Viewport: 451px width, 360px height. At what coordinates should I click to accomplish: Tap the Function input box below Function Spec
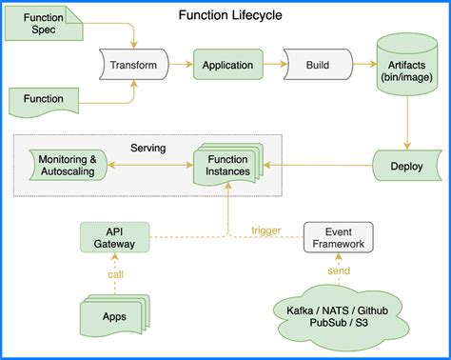(x=45, y=98)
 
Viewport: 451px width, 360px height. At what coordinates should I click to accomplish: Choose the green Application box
(x=227, y=65)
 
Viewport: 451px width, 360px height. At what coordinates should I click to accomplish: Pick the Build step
(x=317, y=65)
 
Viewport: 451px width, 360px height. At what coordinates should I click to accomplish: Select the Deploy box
(x=406, y=165)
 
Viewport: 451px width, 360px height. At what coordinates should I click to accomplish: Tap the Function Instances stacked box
(x=226, y=166)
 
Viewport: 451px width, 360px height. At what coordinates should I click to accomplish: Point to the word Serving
(x=148, y=148)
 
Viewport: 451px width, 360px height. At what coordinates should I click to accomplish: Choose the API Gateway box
(x=114, y=237)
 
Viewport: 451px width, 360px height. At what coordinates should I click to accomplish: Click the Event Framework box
(x=338, y=237)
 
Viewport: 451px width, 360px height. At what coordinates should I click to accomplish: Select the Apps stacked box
(x=113, y=315)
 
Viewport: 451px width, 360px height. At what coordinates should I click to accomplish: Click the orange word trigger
(x=266, y=230)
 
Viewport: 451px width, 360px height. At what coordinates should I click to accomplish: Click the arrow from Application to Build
(x=273, y=65)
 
